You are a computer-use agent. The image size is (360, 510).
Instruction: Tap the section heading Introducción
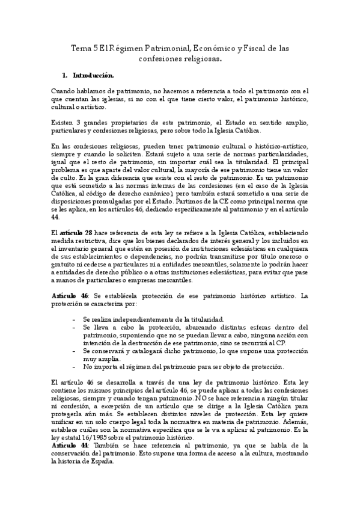coord(93,76)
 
